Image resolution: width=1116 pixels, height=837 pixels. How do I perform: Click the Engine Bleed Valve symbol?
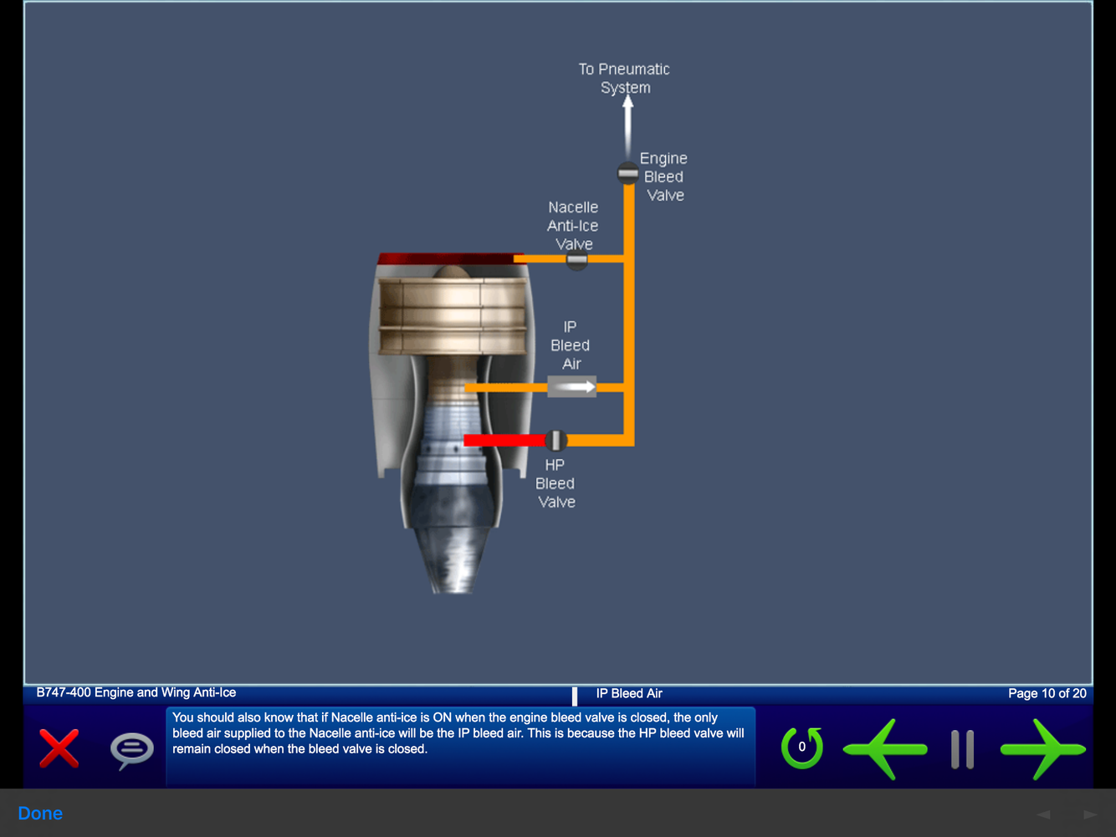pyautogui.click(x=627, y=173)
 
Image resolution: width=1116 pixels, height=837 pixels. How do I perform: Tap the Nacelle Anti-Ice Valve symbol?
pyautogui.click(x=576, y=260)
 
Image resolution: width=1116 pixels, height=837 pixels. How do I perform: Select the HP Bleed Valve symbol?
pyautogui.click(x=555, y=440)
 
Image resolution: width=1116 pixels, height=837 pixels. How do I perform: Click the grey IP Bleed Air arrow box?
pyautogui.click(x=571, y=386)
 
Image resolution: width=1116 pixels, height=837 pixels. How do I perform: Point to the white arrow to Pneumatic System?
pyautogui.click(x=627, y=125)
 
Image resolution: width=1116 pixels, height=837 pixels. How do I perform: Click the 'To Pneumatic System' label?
pyautogui.click(x=624, y=79)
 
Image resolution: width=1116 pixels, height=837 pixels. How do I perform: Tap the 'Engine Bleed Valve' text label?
pyautogui.click(x=664, y=176)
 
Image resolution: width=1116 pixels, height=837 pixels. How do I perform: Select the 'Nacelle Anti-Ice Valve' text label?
pyautogui.click(x=573, y=226)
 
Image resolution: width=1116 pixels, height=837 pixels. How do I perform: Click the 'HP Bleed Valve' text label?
pyautogui.click(x=555, y=483)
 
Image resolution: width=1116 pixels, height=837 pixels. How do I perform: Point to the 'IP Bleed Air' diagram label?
pyautogui.click(x=571, y=345)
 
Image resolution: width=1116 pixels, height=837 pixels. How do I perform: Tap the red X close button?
pyautogui.click(x=59, y=748)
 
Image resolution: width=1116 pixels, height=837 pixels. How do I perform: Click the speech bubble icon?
pyautogui.click(x=132, y=749)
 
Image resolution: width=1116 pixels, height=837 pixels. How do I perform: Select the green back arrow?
pyautogui.click(x=884, y=748)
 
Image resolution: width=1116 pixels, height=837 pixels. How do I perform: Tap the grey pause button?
pyautogui.click(x=962, y=749)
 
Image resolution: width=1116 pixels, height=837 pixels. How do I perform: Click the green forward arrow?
pyautogui.click(x=1042, y=748)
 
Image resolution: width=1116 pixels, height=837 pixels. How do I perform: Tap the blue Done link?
pyautogui.click(x=40, y=814)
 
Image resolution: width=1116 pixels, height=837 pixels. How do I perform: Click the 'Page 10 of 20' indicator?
pyautogui.click(x=1047, y=693)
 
